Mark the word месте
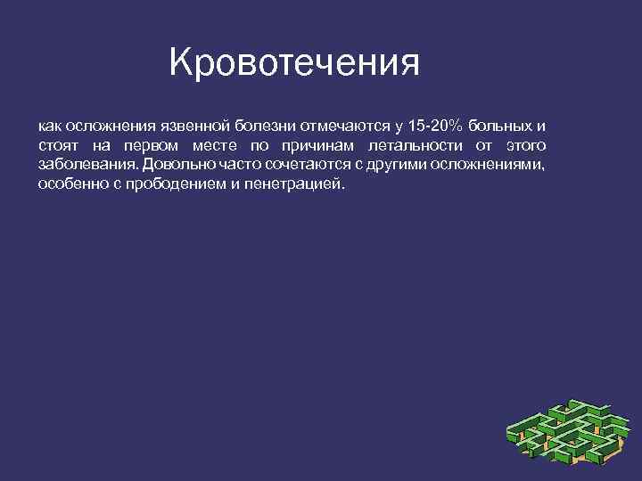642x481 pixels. click(x=213, y=145)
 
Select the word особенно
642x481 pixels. click(x=72, y=184)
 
